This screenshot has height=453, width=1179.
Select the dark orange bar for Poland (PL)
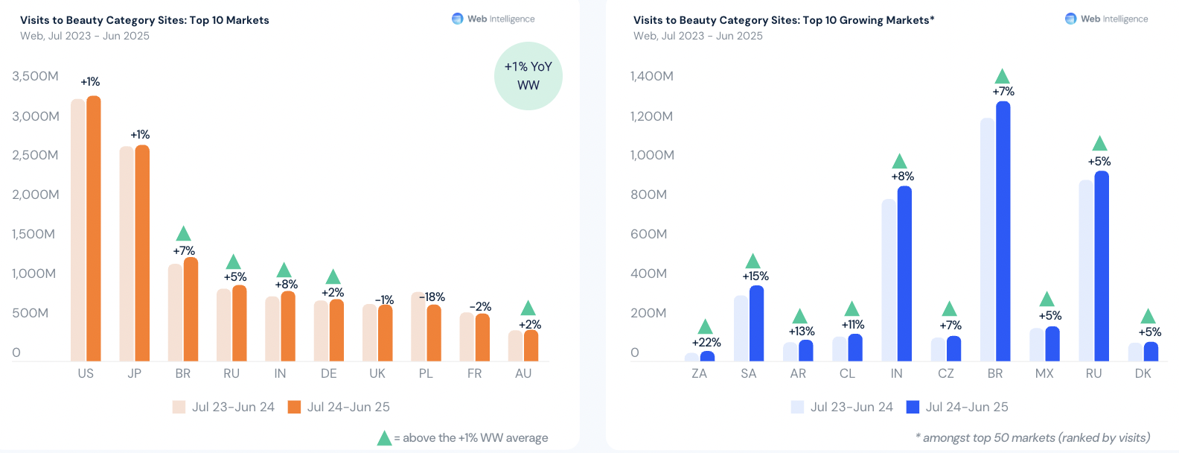pyautogui.click(x=434, y=333)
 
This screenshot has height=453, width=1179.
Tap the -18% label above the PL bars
pyautogui.click(x=432, y=297)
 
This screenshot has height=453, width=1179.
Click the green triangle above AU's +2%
pyautogui.click(x=528, y=308)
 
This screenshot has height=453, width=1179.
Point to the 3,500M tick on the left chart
pyautogui.click(x=35, y=76)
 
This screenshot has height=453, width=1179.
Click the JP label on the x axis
pyautogui.click(x=134, y=373)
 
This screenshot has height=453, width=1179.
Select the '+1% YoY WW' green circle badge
pyautogui.click(x=528, y=76)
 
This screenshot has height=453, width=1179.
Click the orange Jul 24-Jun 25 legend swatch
pyautogui.click(x=294, y=407)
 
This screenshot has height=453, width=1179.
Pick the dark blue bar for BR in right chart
pyautogui.click(x=1003, y=231)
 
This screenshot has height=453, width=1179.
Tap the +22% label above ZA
pyautogui.click(x=706, y=343)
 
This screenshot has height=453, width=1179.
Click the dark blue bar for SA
pyautogui.click(x=756, y=323)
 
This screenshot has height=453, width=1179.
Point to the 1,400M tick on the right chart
pyautogui.click(x=651, y=76)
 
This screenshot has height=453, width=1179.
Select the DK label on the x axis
pyautogui.click(x=1143, y=373)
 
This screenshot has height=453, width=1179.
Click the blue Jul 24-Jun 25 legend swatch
pyautogui.click(x=913, y=407)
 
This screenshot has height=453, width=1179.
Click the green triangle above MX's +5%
pyautogui.click(x=1047, y=299)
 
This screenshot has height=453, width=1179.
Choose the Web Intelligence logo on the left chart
pyautogui.click(x=493, y=19)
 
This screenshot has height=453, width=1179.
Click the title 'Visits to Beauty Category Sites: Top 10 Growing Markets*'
pyautogui.click(x=783, y=20)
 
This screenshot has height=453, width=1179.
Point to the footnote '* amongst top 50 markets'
pyautogui.click(x=1032, y=437)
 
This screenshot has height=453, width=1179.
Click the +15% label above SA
pyautogui.click(x=755, y=276)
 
